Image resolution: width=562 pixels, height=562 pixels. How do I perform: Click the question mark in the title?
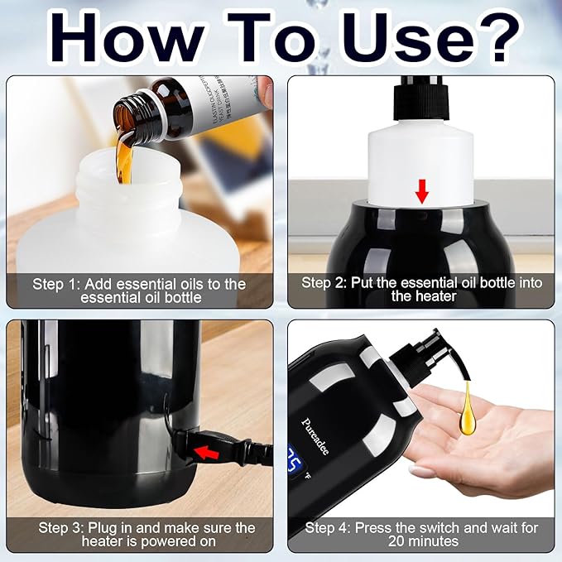point(499,35)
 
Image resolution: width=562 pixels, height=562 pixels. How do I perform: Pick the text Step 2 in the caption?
point(324,283)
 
